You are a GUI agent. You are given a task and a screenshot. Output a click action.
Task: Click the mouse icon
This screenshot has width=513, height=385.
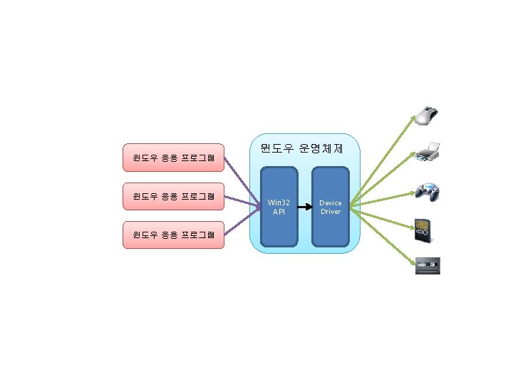[427, 115]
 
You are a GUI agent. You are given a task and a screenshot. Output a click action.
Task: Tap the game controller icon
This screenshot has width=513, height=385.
[427, 191]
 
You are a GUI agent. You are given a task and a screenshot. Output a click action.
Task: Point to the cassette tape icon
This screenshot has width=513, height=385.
[427, 266]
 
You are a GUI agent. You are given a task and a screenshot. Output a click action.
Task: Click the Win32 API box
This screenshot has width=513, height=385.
[279, 207]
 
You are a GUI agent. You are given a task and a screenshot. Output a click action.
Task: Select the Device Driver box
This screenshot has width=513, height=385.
[331, 207]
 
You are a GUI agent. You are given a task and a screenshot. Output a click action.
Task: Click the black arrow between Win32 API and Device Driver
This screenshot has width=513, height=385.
[304, 207]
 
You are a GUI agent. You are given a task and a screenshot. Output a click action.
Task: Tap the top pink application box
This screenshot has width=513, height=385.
[174, 158]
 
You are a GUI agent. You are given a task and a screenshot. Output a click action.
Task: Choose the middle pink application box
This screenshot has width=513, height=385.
[174, 196]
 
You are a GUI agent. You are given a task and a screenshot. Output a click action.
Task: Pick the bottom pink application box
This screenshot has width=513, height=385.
[174, 235]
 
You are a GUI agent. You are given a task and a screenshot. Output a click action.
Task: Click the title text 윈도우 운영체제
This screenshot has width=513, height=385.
[302, 149]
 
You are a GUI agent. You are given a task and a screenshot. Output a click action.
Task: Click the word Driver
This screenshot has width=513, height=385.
[331, 212]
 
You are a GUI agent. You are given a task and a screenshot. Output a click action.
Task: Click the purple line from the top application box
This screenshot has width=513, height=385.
[242, 182]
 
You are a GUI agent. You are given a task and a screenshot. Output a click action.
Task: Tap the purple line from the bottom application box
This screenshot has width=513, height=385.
[242, 222]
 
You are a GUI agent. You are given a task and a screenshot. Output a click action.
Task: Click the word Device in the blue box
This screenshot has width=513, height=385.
[331, 202]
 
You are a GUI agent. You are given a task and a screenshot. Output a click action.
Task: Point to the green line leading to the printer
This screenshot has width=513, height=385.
[388, 178]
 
